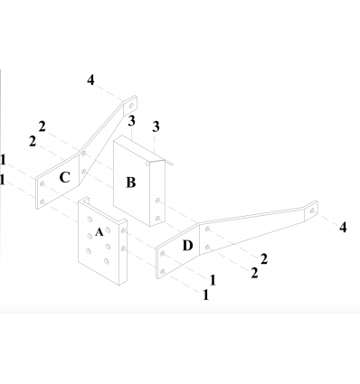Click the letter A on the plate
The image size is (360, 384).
(x=99, y=232)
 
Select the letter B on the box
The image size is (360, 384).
(x=130, y=183)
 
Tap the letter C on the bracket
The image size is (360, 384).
(x=65, y=177)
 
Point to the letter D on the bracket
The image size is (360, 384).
(x=187, y=246)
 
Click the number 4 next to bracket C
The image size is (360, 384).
(x=90, y=80)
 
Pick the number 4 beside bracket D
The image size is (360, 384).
(x=343, y=228)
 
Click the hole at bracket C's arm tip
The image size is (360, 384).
(x=131, y=106)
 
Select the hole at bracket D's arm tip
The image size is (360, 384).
(x=312, y=211)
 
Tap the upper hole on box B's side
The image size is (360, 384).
(x=157, y=200)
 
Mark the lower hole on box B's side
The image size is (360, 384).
(x=157, y=218)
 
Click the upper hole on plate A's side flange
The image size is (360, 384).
(x=123, y=230)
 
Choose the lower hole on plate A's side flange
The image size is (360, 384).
(x=123, y=248)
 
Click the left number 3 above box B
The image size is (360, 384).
(x=131, y=121)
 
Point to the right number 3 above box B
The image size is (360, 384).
(x=156, y=126)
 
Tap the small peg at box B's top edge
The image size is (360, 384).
(x=147, y=164)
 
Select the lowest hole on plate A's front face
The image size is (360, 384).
(x=106, y=261)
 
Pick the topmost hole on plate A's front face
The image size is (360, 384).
(x=90, y=220)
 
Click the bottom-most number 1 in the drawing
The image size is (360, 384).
(x=206, y=295)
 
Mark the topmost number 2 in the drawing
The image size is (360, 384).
(x=43, y=126)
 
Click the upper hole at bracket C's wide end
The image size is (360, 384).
(x=43, y=183)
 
